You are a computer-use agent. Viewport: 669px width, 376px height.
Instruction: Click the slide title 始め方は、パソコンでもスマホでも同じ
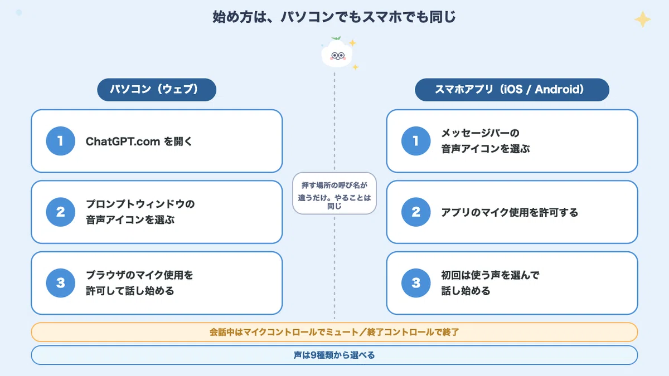tap(334, 17)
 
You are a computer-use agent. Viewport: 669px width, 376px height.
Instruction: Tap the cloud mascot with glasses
tap(337, 55)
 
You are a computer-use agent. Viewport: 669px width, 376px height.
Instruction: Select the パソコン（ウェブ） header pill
tap(157, 90)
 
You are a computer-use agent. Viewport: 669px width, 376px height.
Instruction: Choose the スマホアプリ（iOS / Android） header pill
tap(512, 90)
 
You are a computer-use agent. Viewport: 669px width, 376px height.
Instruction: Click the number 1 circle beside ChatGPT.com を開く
tap(60, 141)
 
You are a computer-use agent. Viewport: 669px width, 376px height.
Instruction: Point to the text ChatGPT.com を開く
tap(139, 141)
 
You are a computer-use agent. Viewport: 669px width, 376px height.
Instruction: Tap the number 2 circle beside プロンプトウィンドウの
tap(60, 212)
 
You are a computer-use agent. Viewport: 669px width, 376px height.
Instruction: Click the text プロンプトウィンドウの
tap(140, 204)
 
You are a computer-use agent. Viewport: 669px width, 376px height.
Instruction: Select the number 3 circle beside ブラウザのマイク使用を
tap(60, 283)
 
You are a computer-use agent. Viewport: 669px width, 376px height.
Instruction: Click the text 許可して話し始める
tap(130, 291)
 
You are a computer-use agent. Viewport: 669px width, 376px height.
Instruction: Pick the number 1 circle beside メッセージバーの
tap(416, 141)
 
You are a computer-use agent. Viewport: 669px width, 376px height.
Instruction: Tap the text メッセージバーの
tap(480, 133)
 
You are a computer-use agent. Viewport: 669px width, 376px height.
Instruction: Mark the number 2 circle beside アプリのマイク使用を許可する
tap(416, 212)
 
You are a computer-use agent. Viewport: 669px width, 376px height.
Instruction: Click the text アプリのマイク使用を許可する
tap(510, 212)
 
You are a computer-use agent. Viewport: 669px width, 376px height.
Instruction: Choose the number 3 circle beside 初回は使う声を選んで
tap(416, 283)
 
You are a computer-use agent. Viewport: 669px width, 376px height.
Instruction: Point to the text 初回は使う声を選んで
tap(490, 275)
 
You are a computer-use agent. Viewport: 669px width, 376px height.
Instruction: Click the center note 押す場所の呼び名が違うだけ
tap(334, 193)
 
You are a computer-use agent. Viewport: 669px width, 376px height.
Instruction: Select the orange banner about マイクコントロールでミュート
tap(334, 332)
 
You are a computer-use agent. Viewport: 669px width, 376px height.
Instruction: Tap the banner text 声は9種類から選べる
tap(334, 355)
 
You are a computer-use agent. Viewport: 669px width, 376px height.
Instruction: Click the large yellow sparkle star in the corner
tap(643, 19)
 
